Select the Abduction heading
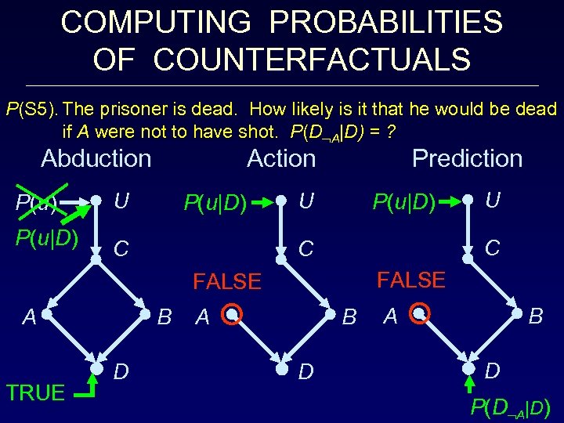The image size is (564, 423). click(96, 159)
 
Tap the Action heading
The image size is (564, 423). click(281, 159)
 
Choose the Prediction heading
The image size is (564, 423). click(467, 159)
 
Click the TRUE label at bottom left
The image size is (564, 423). click(35, 392)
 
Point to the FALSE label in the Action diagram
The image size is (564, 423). click(227, 282)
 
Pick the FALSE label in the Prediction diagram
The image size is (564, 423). click(411, 280)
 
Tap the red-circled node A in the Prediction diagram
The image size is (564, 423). click(419, 315)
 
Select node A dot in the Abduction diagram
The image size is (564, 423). click(48, 316)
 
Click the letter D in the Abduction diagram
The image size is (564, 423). click(122, 368)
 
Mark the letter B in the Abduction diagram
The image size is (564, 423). click(165, 317)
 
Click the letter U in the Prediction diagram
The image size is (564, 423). click(492, 201)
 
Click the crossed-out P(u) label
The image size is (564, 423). click(34, 205)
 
